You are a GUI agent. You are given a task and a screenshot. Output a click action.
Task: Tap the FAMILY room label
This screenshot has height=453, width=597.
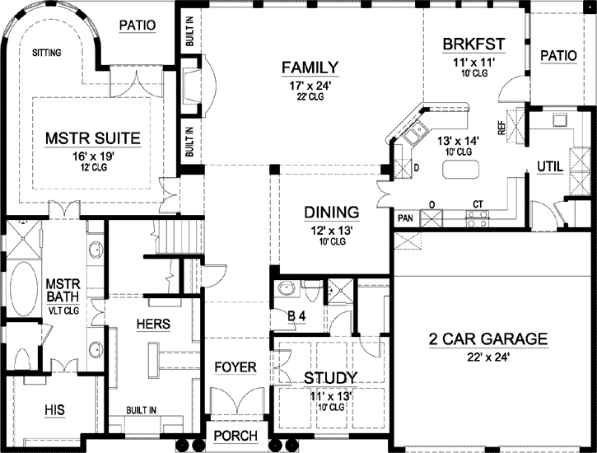[x=310, y=67]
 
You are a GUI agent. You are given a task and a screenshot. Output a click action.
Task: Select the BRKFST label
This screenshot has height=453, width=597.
[x=473, y=44]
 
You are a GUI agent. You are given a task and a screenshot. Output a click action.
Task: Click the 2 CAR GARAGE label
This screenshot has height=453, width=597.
[x=488, y=339]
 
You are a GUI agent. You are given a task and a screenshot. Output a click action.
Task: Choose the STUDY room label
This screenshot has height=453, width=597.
[x=330, y=378]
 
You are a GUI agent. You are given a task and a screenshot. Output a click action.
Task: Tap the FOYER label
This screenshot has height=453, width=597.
[x=236, y=367]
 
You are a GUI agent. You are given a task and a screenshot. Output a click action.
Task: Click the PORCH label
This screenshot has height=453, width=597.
[x=236, y=436]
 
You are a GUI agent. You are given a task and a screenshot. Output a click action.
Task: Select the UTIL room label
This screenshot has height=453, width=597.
[x=550, y=166]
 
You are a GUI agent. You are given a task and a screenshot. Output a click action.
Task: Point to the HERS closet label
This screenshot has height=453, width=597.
[x=153, y=325]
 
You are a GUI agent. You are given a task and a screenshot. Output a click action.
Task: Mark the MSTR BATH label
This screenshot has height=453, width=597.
[x=61, y=289]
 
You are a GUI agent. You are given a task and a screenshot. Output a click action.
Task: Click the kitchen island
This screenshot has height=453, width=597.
[x=461, y=170]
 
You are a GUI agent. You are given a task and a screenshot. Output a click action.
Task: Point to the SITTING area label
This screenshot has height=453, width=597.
[x=47, y=52]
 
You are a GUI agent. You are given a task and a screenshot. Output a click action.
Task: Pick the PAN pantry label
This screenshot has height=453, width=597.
[x=404, y=218]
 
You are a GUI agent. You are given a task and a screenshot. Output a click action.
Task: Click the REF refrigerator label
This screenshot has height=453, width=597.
[x=500, y=126]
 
